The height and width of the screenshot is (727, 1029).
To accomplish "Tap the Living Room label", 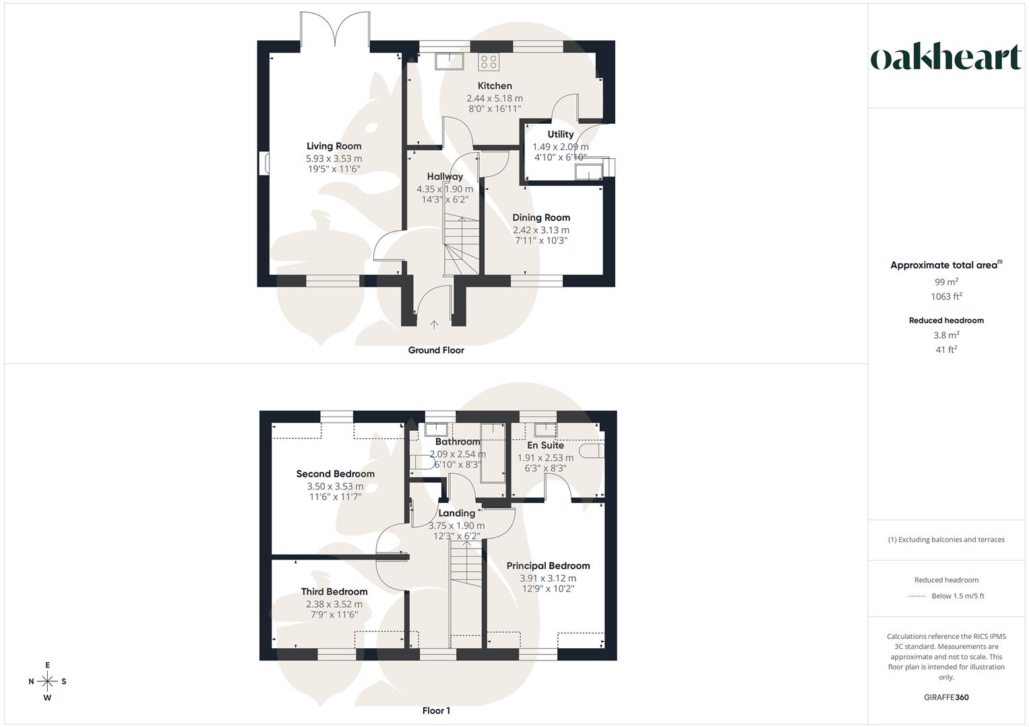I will point(334,146).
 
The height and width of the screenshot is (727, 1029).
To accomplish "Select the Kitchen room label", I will point(495,85).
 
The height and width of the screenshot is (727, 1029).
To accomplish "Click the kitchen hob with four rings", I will point(489,62).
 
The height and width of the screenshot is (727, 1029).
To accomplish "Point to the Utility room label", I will point(560,134).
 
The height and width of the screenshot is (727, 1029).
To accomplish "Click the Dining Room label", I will point(541,217).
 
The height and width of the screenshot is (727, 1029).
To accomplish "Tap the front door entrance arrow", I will point(434,324).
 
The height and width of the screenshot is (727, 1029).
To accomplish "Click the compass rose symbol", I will point(47,681).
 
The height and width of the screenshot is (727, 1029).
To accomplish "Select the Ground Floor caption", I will point(436,350).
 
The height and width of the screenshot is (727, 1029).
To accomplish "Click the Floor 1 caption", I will point(436,710).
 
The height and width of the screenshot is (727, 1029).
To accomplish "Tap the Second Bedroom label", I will point(335,474).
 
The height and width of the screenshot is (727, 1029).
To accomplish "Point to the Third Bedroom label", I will point(334,592).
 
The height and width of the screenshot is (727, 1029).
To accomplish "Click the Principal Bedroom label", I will point(548,566).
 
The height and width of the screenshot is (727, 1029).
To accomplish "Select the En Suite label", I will point(545,445).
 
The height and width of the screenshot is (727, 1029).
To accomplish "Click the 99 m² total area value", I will point(946,282).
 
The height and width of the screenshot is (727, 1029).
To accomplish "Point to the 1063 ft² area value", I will point(946,296).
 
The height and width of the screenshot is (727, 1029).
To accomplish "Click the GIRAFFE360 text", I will point(946,697).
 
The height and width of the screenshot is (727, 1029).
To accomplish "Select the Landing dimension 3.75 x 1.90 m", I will point(456,526).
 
